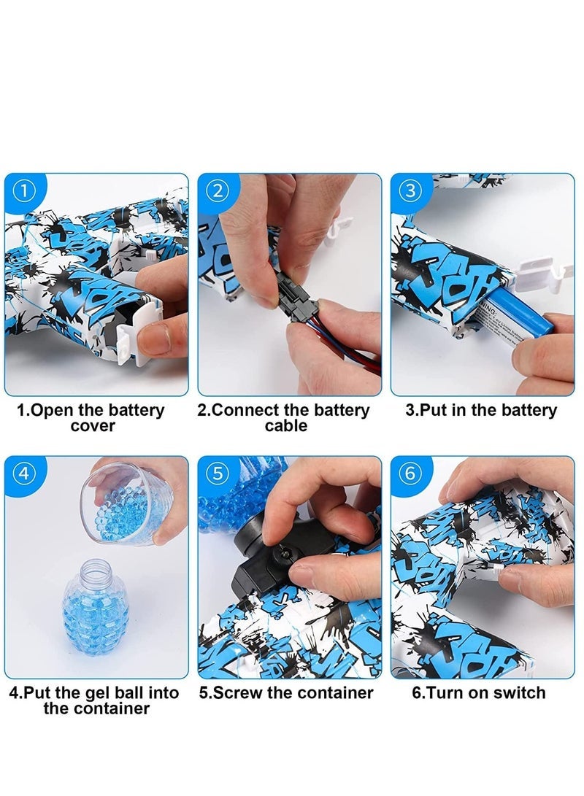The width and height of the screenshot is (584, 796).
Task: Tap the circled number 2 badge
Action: pos(217,192)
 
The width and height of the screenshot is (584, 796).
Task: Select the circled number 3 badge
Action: pos(410,192)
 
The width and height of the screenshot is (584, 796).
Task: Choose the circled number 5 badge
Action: pos(217,474)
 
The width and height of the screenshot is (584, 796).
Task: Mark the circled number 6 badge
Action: pos(410,474)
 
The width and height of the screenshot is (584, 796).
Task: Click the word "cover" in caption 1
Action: pos(92,425)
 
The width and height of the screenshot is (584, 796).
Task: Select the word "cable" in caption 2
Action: pos(286,425)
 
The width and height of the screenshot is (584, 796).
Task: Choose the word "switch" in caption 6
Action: pos(519,692)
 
